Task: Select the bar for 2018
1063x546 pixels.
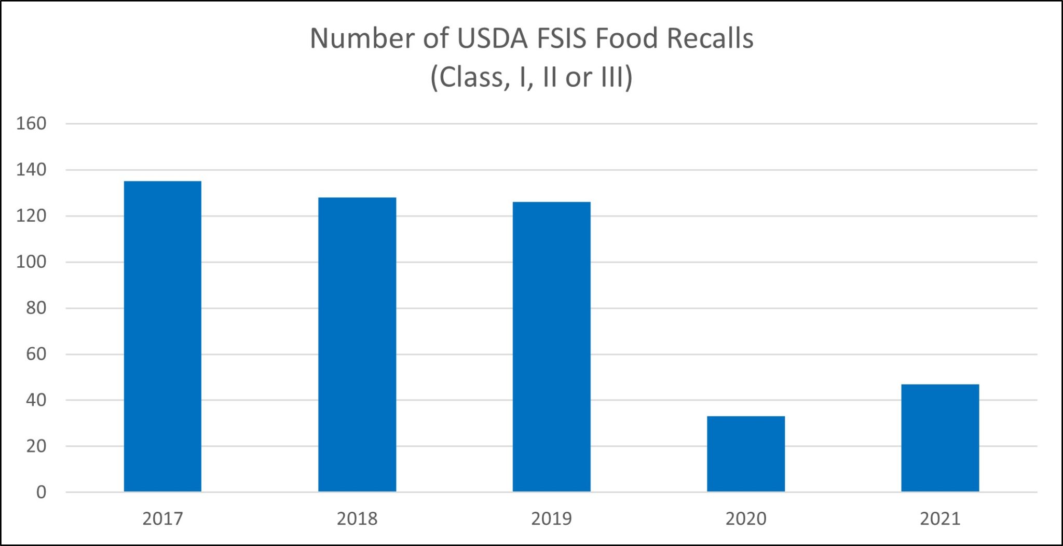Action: [x=357, y=345]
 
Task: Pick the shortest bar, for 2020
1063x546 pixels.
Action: [x=746, y=454]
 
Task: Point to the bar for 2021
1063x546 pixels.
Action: [x=940, y=438]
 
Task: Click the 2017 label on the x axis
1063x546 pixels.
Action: [x=162, y=518]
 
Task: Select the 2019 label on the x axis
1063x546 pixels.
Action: [x=551, y=518]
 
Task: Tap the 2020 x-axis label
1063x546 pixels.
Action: [x=746, y=518]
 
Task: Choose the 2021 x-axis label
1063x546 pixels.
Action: [x=940, y=518]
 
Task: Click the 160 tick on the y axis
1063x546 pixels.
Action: [x=31, y=124]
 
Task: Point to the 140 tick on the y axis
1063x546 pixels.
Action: [x=31, y=170]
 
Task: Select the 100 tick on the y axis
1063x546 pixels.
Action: [x=31, y=262]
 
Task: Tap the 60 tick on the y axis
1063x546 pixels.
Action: [x=36, y=354]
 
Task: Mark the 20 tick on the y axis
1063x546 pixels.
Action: [x=36, y=446]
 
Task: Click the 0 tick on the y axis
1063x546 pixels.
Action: [x=41, y=492]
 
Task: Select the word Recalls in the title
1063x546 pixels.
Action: [x=710, y=38]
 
